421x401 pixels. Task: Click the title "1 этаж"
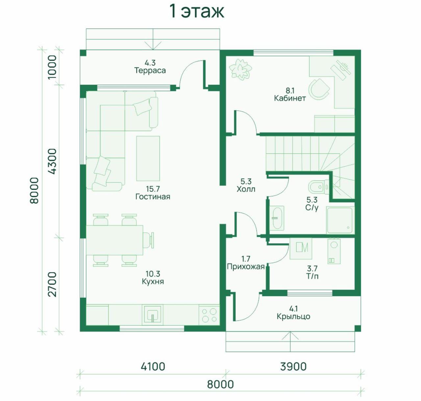[x=197, y=12]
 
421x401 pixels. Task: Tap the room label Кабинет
[x=290, y=98]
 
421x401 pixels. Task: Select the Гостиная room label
[x=153, y=196]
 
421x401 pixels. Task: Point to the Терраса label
[x=150, y=71]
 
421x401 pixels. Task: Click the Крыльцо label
[x=293, y=316]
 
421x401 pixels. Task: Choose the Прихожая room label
[x=246, y=267]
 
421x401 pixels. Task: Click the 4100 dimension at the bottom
[x=153, y=367]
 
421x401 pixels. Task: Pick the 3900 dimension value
[x=293, y=367]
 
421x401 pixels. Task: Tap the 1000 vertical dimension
[x=52, y=67]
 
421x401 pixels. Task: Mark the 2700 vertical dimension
[x=52, y=284]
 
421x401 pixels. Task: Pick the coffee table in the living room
[x=148, y=158]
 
